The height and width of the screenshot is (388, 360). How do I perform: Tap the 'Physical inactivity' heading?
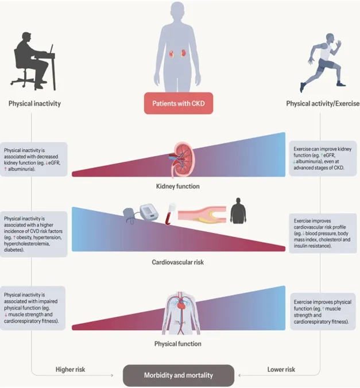tap(34, 104)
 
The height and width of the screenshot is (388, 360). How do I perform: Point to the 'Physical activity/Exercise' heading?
tap(323, 104)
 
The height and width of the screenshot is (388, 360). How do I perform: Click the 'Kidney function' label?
tap(178, 187)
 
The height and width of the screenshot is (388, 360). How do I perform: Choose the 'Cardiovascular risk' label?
tap(178, 262)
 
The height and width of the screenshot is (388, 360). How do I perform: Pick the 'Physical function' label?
tap(178, 344)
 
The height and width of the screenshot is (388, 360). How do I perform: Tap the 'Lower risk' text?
tap(281, 369)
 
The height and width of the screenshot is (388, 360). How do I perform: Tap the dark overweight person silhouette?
tap(239, 211)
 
